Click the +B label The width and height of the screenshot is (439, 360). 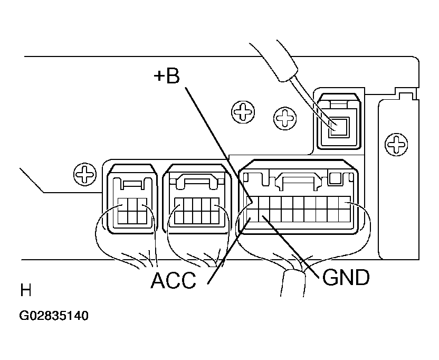pyautogui.click(x=167, y=77)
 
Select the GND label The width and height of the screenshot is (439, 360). pyautogui.click(x=346, y=278)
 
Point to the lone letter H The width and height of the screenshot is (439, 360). pyautogui.click(x=25, y=291)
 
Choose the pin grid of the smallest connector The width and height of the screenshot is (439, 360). pyautogui.click(x=131, y=210)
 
